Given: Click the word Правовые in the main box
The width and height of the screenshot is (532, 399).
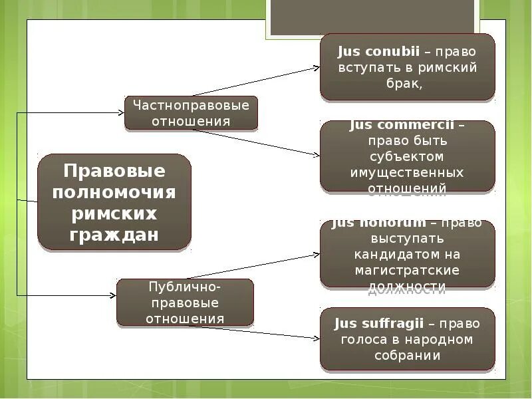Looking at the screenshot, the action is [114, 171].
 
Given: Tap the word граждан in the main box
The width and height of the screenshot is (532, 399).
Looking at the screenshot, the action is [114, 235].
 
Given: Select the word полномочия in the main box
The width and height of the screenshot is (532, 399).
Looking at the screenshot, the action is [114, 192].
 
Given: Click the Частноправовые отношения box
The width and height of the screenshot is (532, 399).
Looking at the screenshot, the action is [191, 113].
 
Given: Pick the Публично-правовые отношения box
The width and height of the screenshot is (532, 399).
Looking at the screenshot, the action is [185, 302].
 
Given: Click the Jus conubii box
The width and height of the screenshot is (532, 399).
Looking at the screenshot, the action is [407, 67].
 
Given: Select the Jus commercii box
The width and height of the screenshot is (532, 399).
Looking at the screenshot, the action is [407, 157].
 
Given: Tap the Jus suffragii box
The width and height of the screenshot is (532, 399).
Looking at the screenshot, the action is [407, 339].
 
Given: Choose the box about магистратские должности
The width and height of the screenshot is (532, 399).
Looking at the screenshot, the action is [407, 255].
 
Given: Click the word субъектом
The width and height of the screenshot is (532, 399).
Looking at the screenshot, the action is [407, 156].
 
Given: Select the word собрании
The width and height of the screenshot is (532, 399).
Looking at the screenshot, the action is [407, 355].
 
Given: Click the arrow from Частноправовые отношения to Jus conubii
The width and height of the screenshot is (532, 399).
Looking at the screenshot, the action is [256, 80].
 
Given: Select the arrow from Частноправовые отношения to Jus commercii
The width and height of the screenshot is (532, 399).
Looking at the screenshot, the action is [256, 142].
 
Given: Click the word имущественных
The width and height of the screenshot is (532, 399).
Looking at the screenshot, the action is [407, 172].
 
